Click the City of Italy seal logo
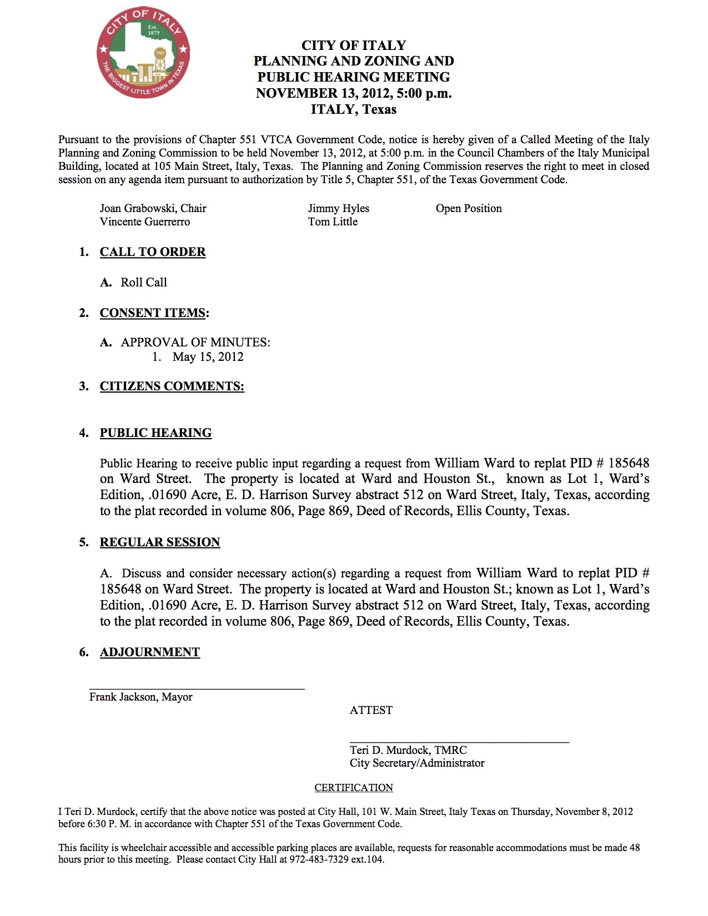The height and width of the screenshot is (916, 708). pos(143,53)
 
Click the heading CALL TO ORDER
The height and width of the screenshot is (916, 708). pos(153,252)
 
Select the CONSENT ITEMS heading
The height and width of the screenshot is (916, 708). pos(153,313)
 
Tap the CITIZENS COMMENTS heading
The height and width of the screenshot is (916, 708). pos(172,386)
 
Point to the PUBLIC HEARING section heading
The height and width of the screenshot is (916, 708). pos(155,433)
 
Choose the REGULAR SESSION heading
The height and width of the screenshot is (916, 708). pos(160,542)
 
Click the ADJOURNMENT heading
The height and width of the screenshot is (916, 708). pos(149,652)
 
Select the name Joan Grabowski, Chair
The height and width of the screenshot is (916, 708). pos(153,209)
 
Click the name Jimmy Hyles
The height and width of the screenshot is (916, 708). pos(338,209)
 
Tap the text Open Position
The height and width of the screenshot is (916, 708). pos(468,209)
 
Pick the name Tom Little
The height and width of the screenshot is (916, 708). pos(333,222)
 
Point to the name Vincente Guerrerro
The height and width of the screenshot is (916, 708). pos(144,222)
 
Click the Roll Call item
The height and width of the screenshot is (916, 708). pos(144,283)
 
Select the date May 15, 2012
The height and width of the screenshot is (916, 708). pos(208,357)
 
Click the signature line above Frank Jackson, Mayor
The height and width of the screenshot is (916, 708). pos(197,689)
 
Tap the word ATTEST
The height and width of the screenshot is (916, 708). pos(371,711)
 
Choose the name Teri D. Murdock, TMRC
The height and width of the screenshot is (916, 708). pos(408,751)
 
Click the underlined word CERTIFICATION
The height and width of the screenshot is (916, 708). pos(354,788)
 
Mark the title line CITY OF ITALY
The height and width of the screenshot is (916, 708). pos(354,46)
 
